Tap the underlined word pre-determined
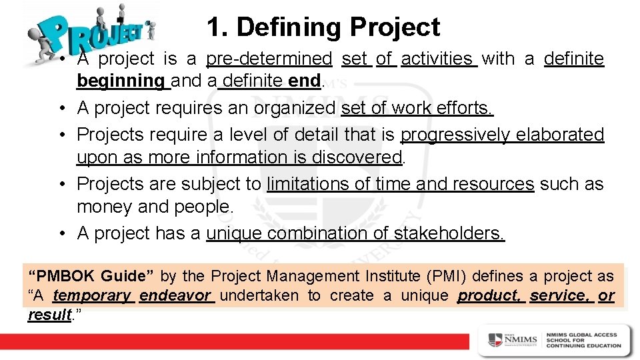point(269,59)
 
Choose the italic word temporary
point(93,295)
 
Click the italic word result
point(49,315)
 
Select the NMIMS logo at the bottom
point(513,340)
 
